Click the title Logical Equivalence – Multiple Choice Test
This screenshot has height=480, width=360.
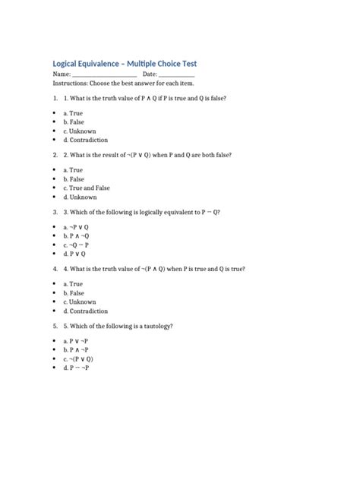[124, 63]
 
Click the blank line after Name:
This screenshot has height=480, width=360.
[104, 75]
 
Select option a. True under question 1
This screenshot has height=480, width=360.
[73, 112]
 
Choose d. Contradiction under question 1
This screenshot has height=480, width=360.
[85, 140]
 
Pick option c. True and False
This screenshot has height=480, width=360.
[87, 188]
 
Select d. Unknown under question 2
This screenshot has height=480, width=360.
[80, 197]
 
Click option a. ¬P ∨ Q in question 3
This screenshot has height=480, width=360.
[76, 226]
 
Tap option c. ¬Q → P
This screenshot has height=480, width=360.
[76, 245]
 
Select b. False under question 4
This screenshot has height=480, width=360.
[74, 292]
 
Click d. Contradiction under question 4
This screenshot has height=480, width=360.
[85, 311]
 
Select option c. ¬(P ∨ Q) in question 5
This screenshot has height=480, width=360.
[78, 358]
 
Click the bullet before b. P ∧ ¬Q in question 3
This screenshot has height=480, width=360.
[55, 235]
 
